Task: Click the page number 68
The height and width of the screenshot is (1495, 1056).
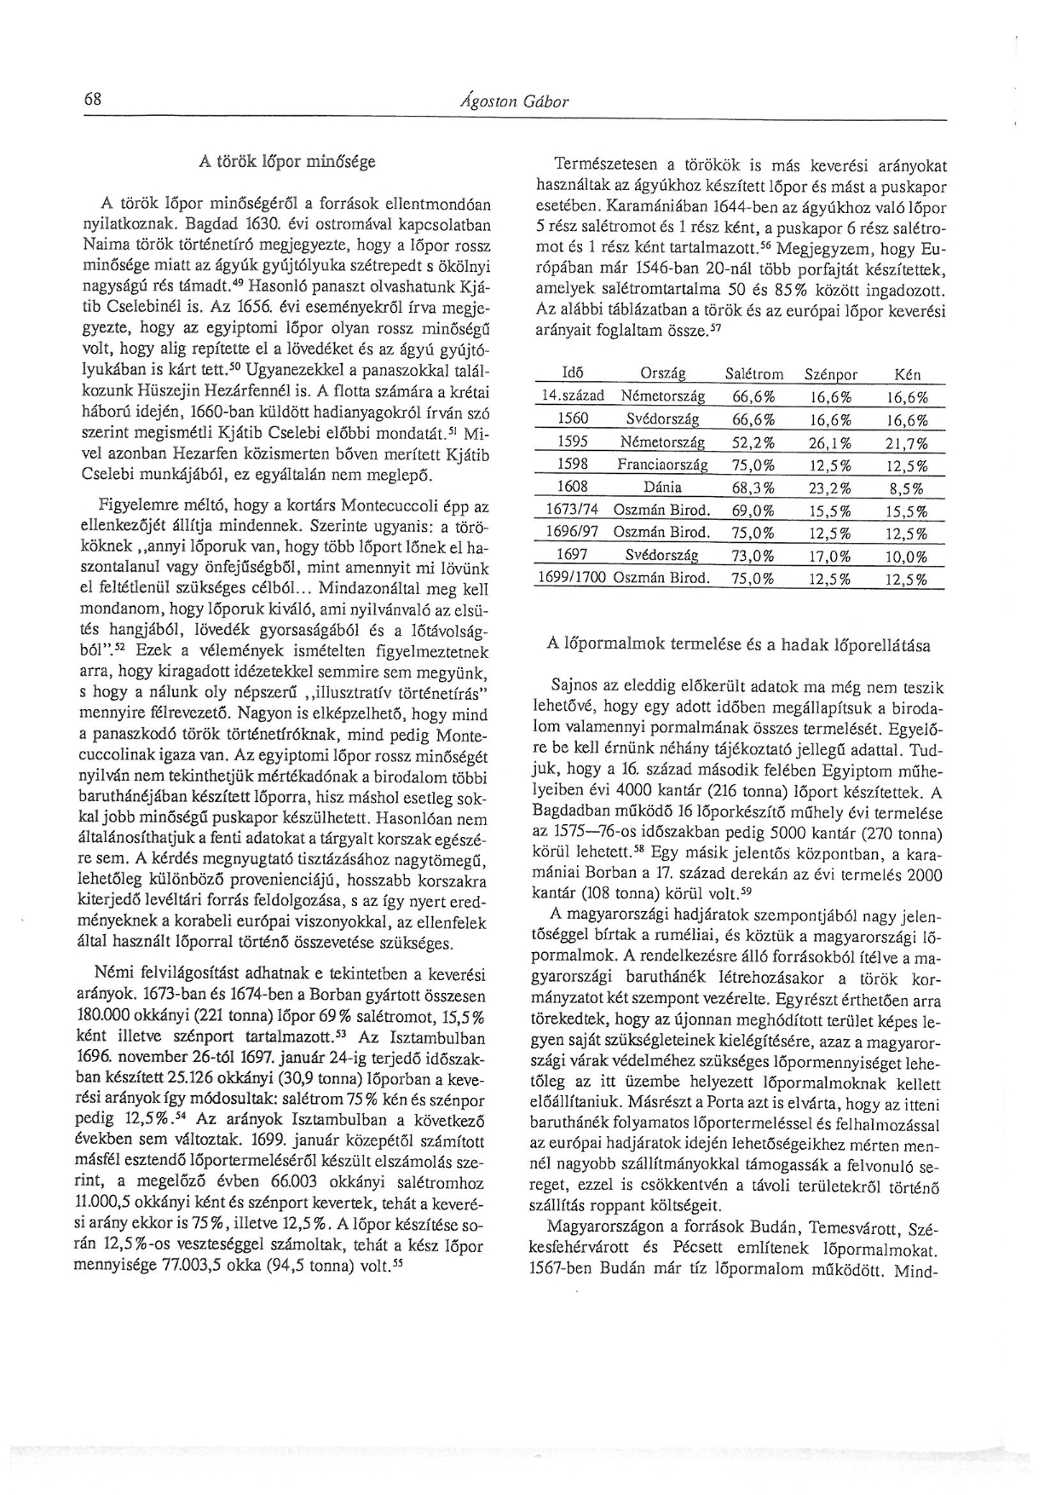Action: tap(93, 99)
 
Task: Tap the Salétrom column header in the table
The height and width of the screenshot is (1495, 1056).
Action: tap(753, 374)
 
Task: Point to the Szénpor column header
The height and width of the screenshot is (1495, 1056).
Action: tap(830, 374)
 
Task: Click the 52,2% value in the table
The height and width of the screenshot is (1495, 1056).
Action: tap(753, 442)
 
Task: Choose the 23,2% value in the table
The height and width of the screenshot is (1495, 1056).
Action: tap(830, 488)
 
